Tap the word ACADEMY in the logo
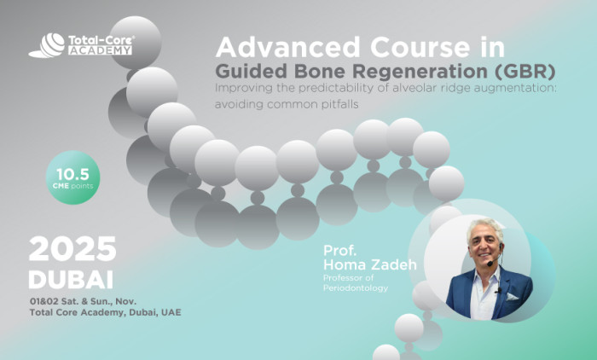click(101, 50)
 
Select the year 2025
click(72, 248)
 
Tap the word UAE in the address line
click(170, 312)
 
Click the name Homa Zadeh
click(369, 265)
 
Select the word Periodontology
click(355, 287)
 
